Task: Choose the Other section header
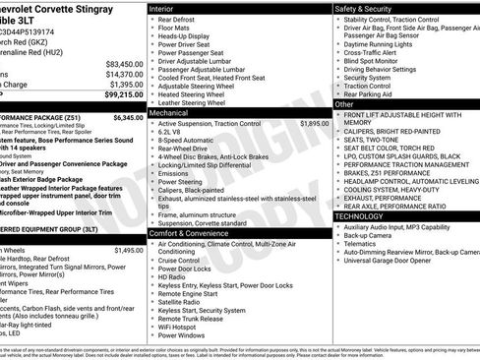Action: (344, 103)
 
